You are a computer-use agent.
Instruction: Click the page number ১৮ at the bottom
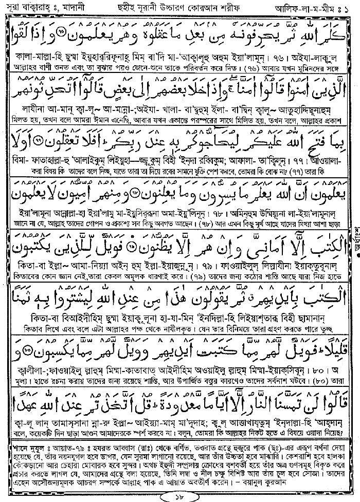[x=180, y=495]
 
